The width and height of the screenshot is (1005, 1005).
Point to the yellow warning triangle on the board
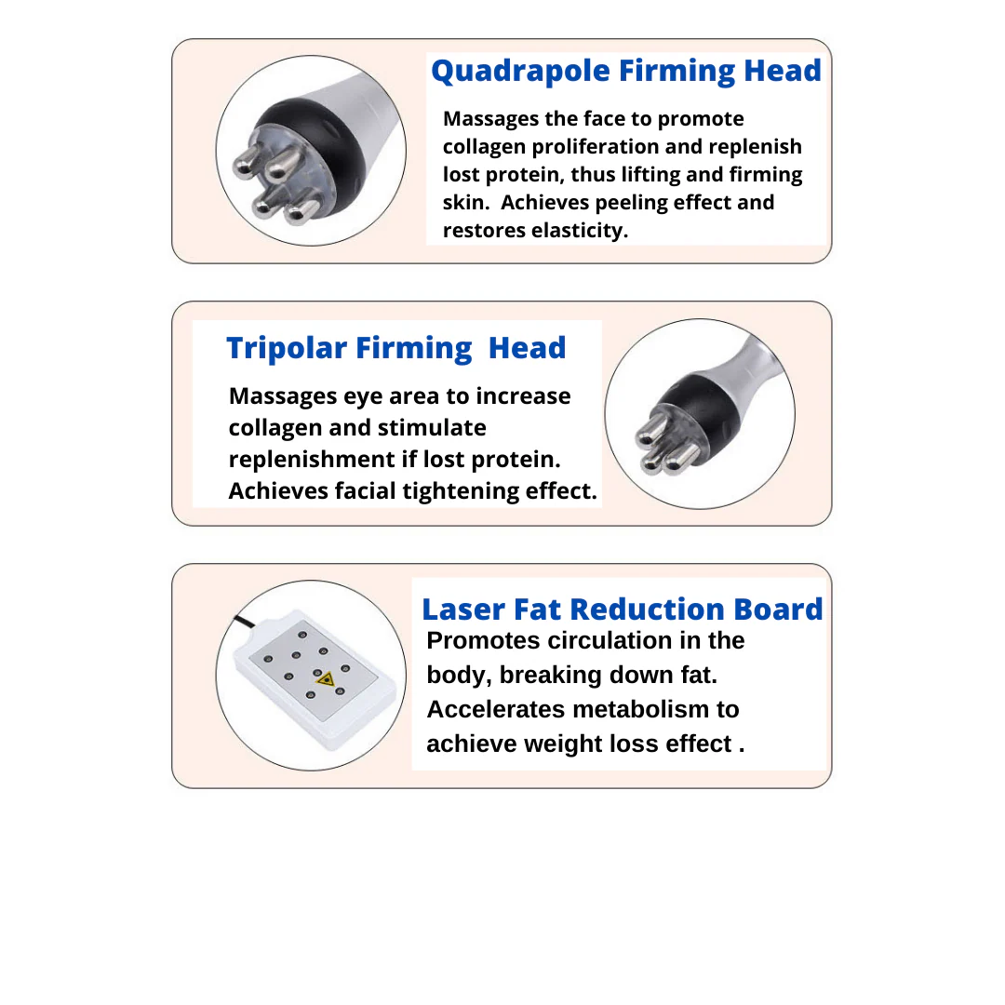point(325,679)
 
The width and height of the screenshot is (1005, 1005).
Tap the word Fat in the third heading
point(537,610)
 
